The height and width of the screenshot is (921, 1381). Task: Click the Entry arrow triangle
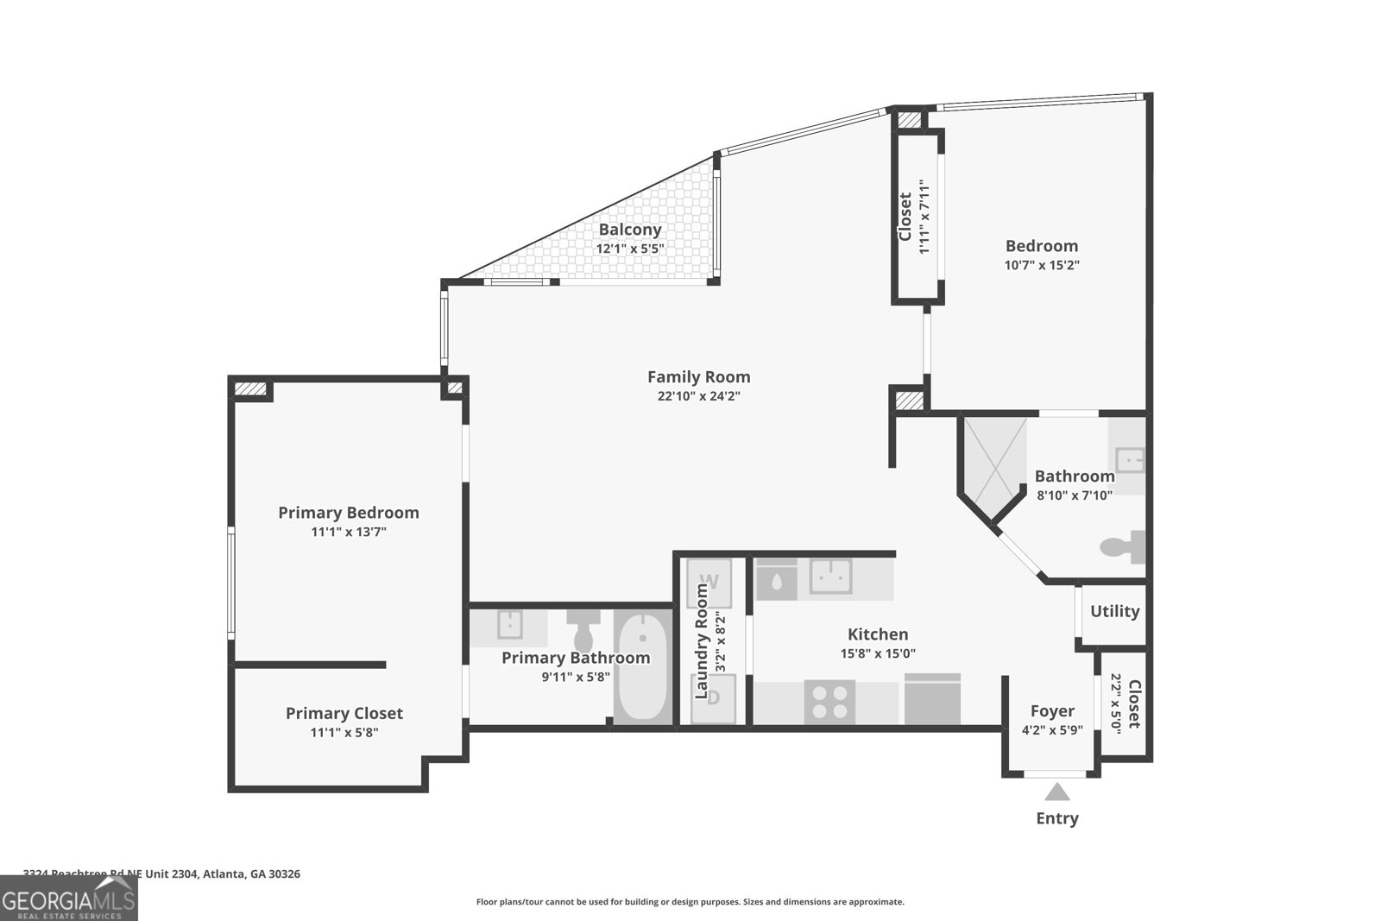click(1056, 791)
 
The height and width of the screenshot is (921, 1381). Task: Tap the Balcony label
click(630, 230)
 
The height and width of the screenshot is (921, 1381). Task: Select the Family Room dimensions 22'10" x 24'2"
click(698, 397)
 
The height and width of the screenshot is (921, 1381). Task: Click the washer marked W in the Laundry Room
click(709, 583)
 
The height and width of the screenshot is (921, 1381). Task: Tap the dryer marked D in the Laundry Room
click(714, 698)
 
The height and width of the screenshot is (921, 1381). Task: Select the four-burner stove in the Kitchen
click(829, 701)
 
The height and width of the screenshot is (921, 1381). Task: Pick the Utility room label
click(1114, 611)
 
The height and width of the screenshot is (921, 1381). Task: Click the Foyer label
click(1052, 711)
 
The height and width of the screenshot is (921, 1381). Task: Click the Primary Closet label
click(344, 713)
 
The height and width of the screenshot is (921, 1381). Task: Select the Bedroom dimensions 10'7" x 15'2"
click(1041, 266)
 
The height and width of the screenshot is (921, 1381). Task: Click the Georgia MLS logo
click(68, 899)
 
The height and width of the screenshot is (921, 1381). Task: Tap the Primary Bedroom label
click(348, 513)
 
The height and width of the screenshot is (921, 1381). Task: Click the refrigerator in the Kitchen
click(932, 699)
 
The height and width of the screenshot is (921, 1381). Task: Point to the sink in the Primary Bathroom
click(508, 624)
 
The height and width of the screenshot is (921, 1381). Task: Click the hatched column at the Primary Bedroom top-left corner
click(250, 389)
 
